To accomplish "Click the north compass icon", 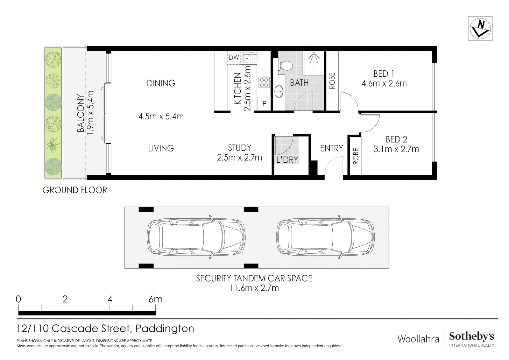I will [x=480, y=28].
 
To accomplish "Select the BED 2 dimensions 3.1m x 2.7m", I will [x=396, y=149].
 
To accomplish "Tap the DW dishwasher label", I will [x=234, y=57].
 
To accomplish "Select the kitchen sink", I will [x=250, y=58].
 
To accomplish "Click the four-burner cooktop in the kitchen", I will [x=264, y=82].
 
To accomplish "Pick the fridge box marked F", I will [x=264, y=104].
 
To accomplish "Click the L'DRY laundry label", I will [x=287, y=160].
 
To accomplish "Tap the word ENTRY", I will [x=331, y=148].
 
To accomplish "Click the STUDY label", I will [x=239, y=148].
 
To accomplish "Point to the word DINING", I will [x=161, y=83].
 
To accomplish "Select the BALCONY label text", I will [x=81, y=113].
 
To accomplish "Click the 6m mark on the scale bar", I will [x=155, y=299].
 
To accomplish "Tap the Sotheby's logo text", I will [x=471, y=336].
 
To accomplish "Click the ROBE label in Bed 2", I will [x=355, y=156].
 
